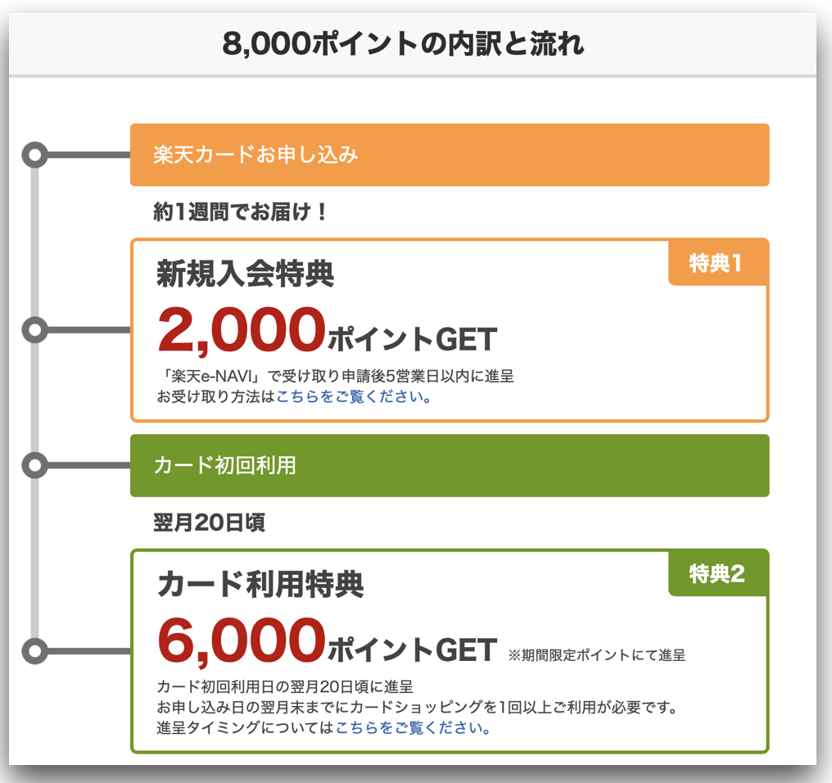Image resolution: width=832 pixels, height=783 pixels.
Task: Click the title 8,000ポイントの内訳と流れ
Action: coord(403,43)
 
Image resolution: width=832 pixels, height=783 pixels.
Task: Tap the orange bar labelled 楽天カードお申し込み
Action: coord(450,155)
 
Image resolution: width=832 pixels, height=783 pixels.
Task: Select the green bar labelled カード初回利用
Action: coord(450,465)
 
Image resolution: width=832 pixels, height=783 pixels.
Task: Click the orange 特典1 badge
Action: coord(717,263)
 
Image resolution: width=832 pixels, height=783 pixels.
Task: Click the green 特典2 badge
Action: coord(717,573)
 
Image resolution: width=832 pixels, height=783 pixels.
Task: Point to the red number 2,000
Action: coord(242,330)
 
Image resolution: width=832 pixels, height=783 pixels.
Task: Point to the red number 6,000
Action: coord(242,640)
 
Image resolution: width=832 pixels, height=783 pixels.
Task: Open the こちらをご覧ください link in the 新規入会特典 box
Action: coord(354,396)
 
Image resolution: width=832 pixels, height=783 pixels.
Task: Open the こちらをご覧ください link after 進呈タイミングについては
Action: coord(413,727)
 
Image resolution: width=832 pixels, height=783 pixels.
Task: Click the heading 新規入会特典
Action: coord(245,274)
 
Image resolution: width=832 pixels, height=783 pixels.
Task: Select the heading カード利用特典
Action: coord(260,585)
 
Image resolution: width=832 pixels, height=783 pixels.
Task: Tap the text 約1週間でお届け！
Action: coord(240,212)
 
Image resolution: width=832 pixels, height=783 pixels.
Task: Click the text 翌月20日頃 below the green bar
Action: coord(209,523)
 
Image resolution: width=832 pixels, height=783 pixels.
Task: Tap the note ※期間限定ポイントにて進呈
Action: coord(597,655)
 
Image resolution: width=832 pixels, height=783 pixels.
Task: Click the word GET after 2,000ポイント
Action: coord(467,339)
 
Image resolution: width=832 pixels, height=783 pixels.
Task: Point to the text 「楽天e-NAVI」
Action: coord(210,377)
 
